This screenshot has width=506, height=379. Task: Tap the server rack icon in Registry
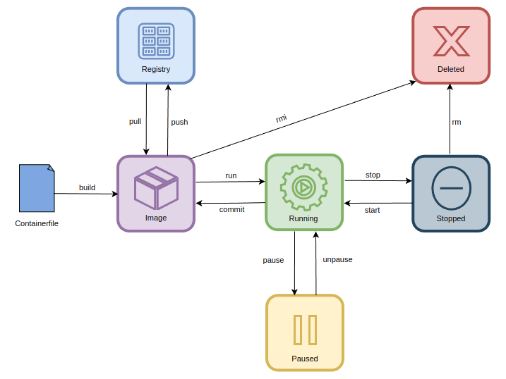(156, 41)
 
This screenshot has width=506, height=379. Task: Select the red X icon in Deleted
(451, 41)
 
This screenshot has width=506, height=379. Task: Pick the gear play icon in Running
(303, 187)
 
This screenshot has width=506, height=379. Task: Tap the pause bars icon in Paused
(305, 330)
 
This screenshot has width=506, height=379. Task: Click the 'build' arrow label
(87, 187)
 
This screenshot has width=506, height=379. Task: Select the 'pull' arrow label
(135, 121)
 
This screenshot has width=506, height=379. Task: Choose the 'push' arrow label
(179, 122)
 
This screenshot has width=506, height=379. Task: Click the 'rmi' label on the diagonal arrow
(281, 118)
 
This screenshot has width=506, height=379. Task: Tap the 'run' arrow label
(231, 175)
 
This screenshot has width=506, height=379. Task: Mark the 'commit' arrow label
(231, 209)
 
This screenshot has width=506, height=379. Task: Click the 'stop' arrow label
(373, 174)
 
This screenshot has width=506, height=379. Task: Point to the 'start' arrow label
(373, 210)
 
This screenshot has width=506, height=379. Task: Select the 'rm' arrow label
(457, 122)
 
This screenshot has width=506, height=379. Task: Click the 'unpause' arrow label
(337, 259)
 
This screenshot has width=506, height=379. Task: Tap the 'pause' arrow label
(273, 260)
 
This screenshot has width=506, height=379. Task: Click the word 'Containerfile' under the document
(37, 223)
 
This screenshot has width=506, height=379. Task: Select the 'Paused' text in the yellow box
(305, 359)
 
